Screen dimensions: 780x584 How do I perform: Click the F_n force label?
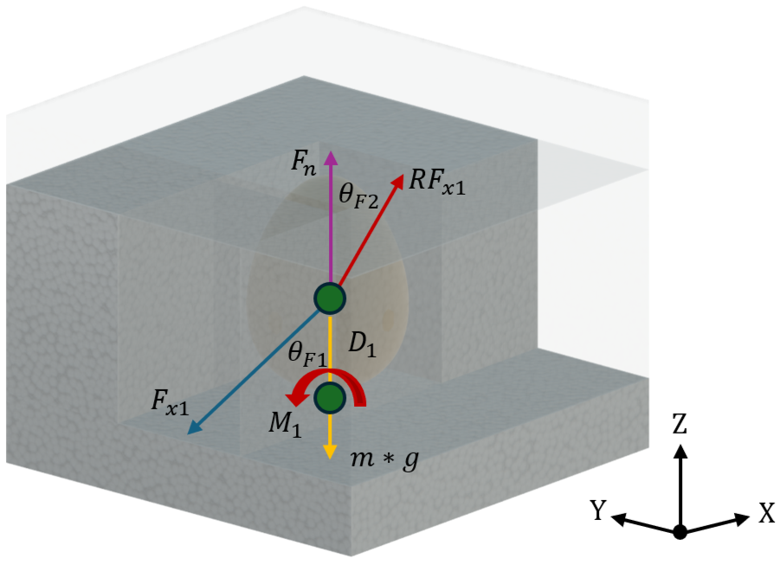[304, 163]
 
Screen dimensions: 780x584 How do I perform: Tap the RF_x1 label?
[437, 182]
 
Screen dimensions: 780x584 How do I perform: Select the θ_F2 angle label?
[358, 195]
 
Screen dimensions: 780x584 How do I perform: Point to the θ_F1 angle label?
[307, 354]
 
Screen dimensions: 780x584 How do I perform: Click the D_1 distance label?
[362, 344]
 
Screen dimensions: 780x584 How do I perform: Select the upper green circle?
[330, 298]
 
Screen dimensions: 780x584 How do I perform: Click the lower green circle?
[330, 398]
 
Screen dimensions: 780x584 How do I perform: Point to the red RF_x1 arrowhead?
[397, 181]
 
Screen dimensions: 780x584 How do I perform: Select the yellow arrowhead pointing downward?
[330, 452]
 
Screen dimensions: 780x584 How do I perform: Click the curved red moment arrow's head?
[293, 398]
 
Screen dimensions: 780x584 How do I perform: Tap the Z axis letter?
[680, 423]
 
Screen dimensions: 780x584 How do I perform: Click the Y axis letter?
[598, 510]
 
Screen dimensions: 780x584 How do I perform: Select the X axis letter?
[766, 512]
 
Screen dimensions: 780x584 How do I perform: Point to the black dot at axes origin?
[680, 532]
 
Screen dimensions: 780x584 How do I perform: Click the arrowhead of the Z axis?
[680, 451]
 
